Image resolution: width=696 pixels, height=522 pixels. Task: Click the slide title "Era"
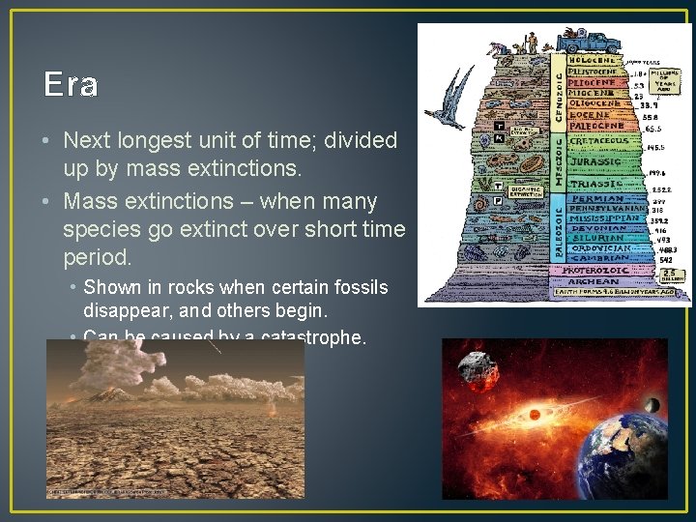[71, 85]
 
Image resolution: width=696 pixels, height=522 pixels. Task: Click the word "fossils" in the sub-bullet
[358, 287]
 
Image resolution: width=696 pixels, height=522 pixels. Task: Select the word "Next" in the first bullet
[87, 140]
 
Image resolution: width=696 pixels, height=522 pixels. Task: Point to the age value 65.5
[652, 128]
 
